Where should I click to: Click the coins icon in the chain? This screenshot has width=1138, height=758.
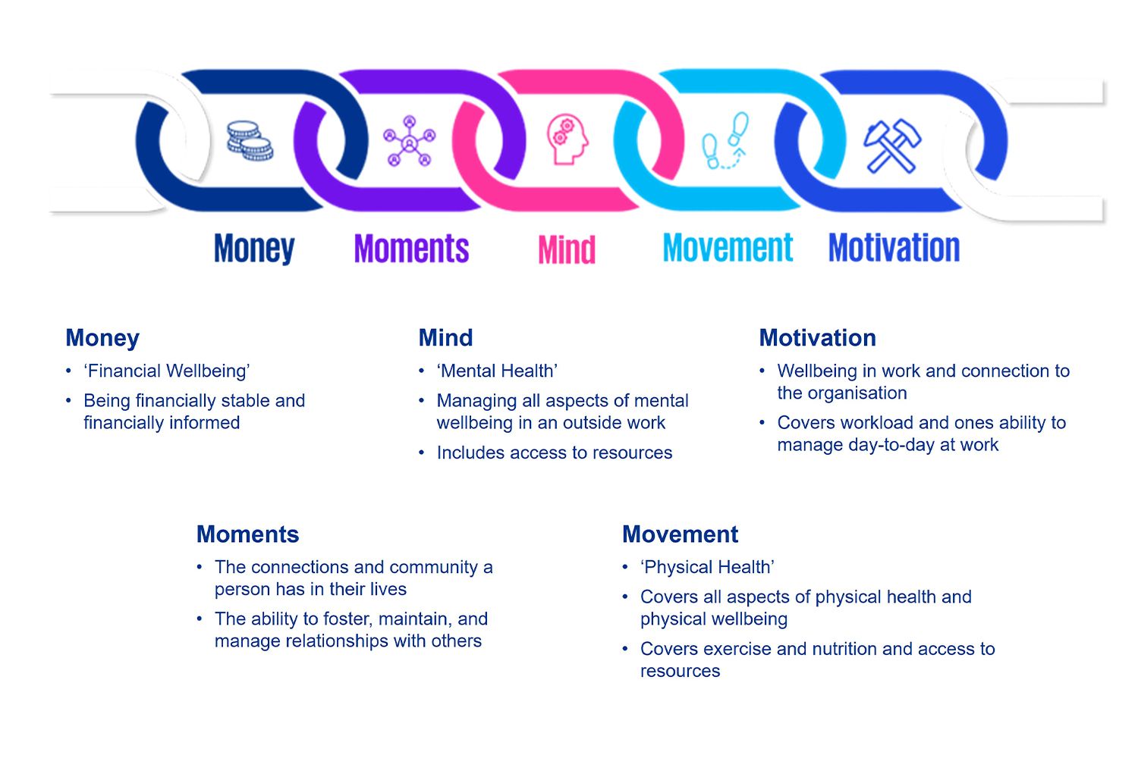point(250,141)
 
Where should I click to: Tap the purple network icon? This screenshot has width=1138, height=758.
point(410,140)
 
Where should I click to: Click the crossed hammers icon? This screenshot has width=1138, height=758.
point(891,144)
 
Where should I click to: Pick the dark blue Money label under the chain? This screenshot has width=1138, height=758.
point(254,249)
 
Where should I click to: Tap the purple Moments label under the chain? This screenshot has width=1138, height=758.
point(411,249)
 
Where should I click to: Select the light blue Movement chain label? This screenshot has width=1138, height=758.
point(728,248)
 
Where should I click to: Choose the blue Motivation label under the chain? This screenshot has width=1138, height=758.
point(894,248)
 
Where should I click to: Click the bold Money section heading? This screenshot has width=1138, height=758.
point(102,338)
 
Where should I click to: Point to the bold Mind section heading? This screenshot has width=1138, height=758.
point(445,338)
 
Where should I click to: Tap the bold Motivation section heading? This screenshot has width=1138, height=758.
point(817,338)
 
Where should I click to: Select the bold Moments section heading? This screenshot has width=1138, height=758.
point(247,534)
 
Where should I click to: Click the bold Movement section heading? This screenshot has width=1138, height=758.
point(680,534)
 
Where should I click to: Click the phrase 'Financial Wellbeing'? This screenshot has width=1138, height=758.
point(167,371)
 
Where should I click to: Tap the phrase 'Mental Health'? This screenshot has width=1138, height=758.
point(498,371)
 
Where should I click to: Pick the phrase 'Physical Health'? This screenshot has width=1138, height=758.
point(707,568)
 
